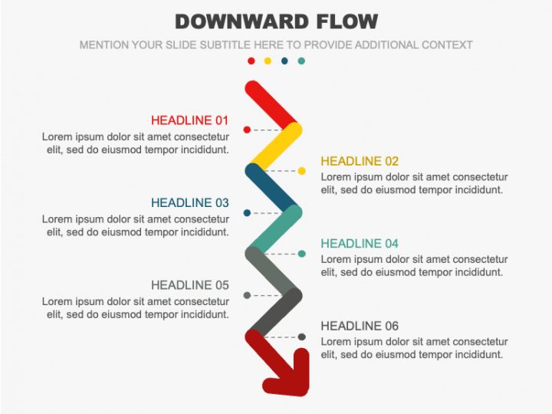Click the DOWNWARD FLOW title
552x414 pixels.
pos(276,21)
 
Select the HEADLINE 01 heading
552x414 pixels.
pos(190,120)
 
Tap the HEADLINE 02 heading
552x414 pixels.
pos(360,161)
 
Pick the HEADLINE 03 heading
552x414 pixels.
pos(190,202)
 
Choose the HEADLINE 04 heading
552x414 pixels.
pos(360,244)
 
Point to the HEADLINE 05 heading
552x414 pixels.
pos(190,285)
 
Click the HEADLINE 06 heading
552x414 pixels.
pos(360,326)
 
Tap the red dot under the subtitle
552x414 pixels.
pos(251,61)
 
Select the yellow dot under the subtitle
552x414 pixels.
pos(268,61)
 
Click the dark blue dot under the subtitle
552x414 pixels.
pos(284,61)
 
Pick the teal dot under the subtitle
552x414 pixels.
pos(301,61)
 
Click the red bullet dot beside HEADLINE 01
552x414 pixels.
pos(247,130)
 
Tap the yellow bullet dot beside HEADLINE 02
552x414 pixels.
pos(302,171)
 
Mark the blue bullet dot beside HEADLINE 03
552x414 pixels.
pos(247,213)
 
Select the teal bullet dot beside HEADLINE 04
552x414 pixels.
pos(302,254)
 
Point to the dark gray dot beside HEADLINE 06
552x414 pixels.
pos(302,337)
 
